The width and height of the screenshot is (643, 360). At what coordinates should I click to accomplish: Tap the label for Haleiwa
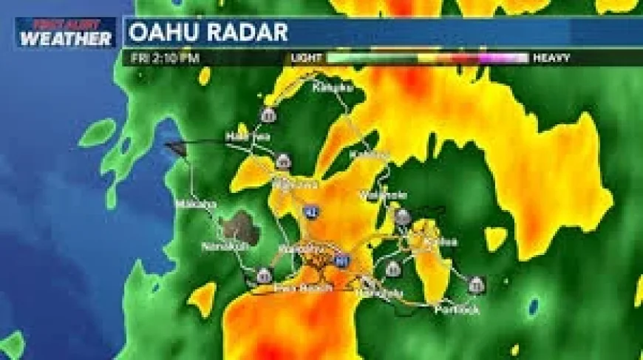[248, 137]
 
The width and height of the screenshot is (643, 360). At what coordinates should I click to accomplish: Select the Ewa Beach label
[295, 287]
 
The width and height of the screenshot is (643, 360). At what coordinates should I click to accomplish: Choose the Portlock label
[456, 309]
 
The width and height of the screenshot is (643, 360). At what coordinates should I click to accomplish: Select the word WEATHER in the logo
[66, 38]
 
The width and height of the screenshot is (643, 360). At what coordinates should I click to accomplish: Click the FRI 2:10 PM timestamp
[165, 57]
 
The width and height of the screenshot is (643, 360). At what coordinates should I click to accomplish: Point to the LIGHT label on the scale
[307, 57]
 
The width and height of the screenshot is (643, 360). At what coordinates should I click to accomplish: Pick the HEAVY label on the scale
[551, 57]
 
